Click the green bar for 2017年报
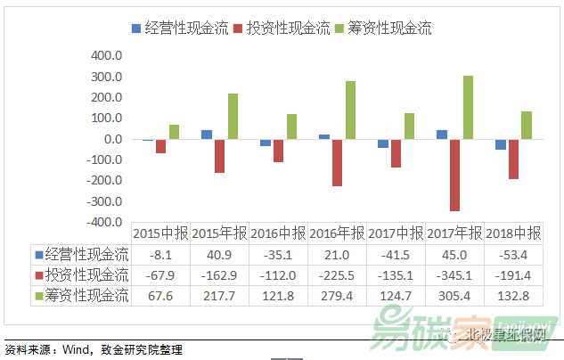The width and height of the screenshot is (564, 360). (x=468, y=108)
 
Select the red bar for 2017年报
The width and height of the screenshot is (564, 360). (x=455, y=175)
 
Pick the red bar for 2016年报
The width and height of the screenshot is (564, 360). (x=338, y=162)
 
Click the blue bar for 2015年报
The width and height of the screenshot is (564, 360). (x=207, y=135)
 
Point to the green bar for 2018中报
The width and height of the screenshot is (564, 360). (x=527, y=126)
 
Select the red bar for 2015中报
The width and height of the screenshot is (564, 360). (x=160, y=146)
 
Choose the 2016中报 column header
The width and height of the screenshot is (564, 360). (x=278, y=233)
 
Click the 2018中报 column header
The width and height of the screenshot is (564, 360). (x=513, y=233)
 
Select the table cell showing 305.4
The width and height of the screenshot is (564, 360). (x=454, y=295)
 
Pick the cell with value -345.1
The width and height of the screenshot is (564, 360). (x=454, y=274)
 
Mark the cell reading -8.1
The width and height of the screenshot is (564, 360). (x=160, y=254)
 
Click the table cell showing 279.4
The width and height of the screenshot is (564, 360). (x=337, y=295)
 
